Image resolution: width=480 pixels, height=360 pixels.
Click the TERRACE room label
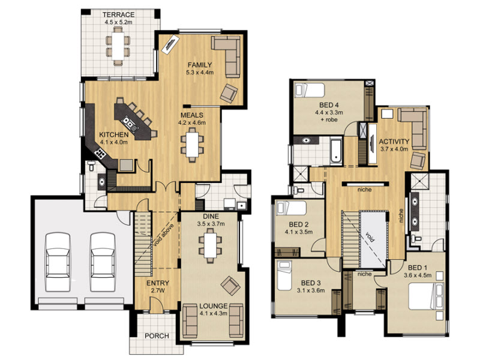[118, 14]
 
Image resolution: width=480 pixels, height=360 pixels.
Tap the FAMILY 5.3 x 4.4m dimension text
[200, 73]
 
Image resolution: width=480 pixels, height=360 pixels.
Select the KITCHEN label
[114, 134]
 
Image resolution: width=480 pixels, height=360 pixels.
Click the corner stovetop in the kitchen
[100, 153]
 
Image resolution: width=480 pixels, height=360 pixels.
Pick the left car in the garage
[57, 262]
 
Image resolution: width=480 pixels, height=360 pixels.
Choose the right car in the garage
[103, 262]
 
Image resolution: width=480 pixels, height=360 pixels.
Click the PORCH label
[157, 336]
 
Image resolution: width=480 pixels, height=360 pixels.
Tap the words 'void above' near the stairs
[163, 235]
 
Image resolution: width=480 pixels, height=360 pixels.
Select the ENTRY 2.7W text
[158, 287]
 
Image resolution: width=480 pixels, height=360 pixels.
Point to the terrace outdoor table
[118, 46]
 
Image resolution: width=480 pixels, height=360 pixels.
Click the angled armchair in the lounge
[230, 286]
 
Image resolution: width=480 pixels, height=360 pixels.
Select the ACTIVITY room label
[394, 142]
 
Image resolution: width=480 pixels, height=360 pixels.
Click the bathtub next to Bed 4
[336, 151]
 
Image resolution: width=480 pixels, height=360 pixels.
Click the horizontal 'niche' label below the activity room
[364, 190]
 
